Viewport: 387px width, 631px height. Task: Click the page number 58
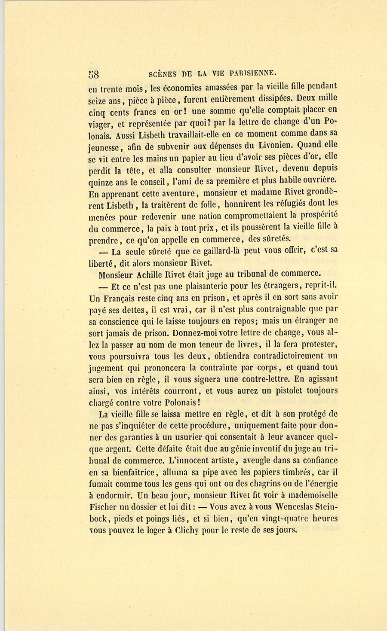click(93, 74)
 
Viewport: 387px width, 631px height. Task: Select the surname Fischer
click(103, 506)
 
